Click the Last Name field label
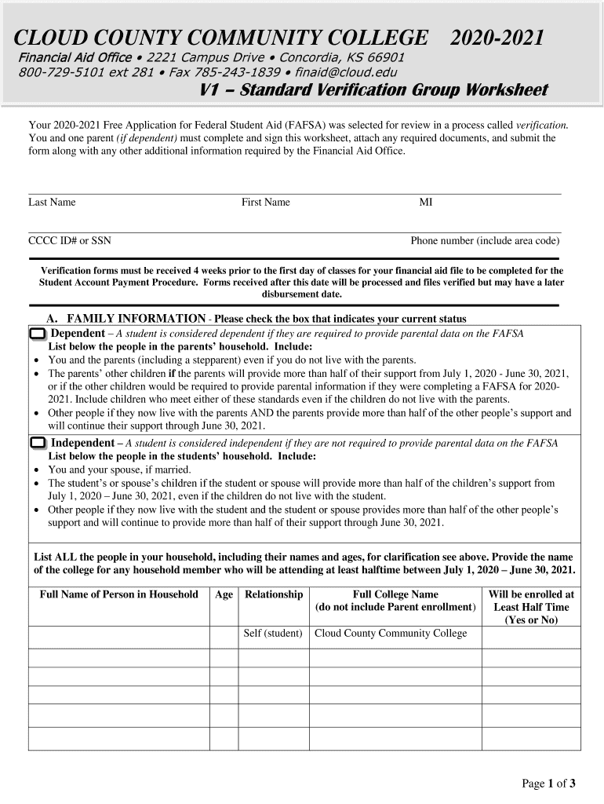[52, 203]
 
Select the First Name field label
[266, 203]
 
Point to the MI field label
[426, 203]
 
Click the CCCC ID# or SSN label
[70, 241]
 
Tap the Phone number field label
[485, 241]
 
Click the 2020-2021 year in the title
[497, 38]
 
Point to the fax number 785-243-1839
[236, 72]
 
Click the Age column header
[224, 594]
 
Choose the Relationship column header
[274, 594]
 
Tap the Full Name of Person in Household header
[119, 594]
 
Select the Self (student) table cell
[274, 634]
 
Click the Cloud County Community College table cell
[391, 634]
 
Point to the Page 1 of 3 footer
[549, 783]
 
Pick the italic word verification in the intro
[541, 125]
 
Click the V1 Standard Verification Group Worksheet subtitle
[373, 90]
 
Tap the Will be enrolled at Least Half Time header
[531, 607]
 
